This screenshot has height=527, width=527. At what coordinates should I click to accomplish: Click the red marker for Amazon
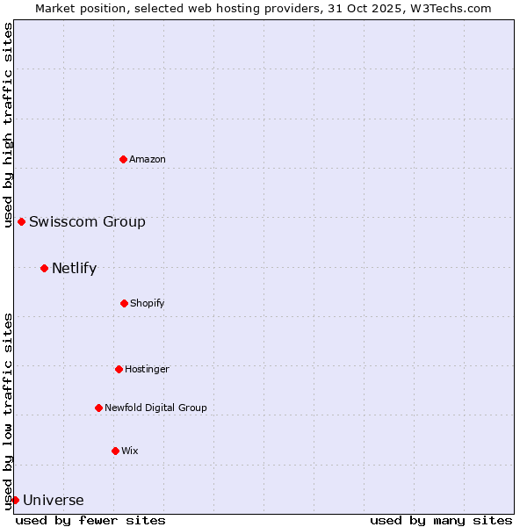pyautogui.click(x=123, y=159)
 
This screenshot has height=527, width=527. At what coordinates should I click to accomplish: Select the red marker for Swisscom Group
pyautogui.click(x=21, y=221)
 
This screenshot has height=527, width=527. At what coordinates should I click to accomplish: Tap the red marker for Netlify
pyautogui.click(x=44, y=268)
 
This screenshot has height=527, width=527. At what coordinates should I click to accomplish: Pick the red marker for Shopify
pyautogui.click(x=124, y=303)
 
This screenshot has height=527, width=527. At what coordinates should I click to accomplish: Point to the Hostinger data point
pyautogui.click(x=119, y=369)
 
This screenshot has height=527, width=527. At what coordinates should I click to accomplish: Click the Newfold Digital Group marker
pyautogui.click(x=98, y=408)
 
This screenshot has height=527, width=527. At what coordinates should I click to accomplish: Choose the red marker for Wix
pyautogui.click(x=115, y=451)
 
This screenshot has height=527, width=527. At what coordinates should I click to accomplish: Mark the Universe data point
pyautogui.click(x=15, y=500)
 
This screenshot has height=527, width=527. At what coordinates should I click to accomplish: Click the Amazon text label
pyautogui.click(x=148, y=159)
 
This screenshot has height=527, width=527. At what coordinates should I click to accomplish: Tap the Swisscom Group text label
pyautogui.click(x=87, y=221)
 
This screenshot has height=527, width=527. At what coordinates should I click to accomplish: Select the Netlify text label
pyautogui.click(x=74, y=268)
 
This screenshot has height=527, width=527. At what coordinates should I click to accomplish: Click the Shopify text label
pyautogui.click(x=148, y=303)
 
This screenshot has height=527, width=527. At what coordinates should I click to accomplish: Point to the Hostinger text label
pyautogui.click(x=147, y=369)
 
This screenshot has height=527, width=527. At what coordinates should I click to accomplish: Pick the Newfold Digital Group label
pyautogui.click(x=155, y=408)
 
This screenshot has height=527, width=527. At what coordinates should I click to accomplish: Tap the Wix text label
pyautogui.click(x=130, y=451)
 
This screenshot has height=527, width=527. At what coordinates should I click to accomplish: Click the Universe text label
pyautogui.click(x=54, y=501)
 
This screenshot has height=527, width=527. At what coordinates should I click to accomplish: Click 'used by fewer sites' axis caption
pyautogui.click(x=90, y=520)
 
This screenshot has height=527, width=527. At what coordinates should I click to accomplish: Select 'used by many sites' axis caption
pyautogui.click(x=441, y=520)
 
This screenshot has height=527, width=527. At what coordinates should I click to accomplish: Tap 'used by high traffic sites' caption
pyautogui.click(x=8, y=125)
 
